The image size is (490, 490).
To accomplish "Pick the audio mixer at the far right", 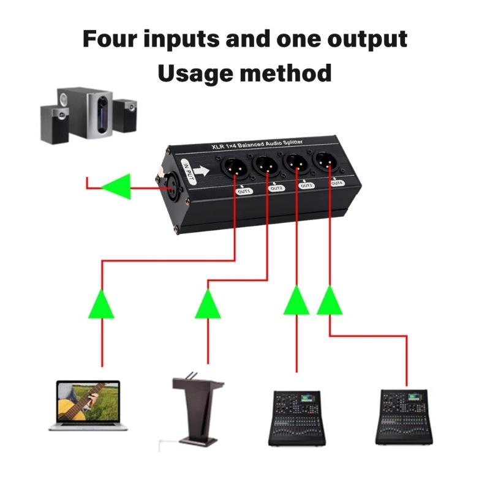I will (x=404, y=416).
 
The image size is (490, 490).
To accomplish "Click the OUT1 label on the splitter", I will (x=244, y=191).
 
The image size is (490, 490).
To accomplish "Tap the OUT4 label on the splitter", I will (x=336, y=183).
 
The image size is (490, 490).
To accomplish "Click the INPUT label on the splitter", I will (x=189, y=168).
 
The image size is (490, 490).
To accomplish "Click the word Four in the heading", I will (x=113, y=39).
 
